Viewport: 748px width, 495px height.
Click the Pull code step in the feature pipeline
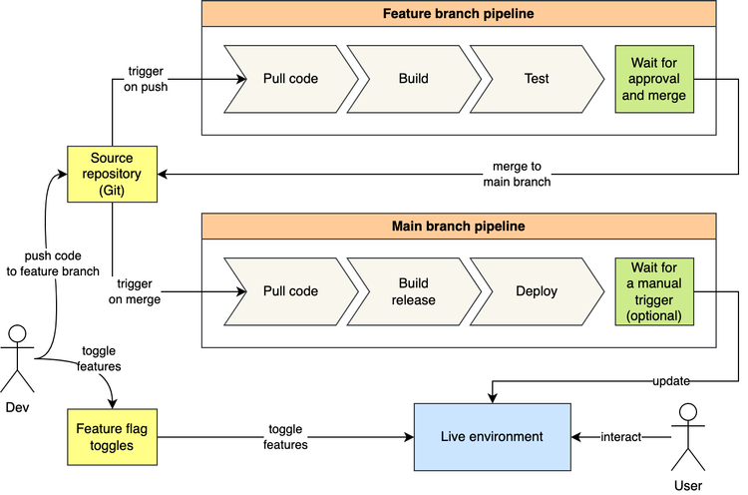pyautogui.click(x=290, y=78)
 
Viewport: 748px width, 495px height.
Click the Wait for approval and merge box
pyautogui.click(x=652, y=78)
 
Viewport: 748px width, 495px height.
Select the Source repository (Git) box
pyautogui.click(x=112, y=174)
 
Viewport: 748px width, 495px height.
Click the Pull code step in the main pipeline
pyautogui.click(x=290, y=290)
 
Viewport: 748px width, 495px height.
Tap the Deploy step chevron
pyautogui.click(x=536, y=290)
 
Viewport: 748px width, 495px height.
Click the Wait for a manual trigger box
pyautogui.click(x=652, y=290)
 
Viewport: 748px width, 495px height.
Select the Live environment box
pyautogui.click(x=492, y=437)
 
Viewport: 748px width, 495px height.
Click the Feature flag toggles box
pyautogui.click(x=112, y=437)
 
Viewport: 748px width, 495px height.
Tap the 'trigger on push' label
pyautogui.click(x=148, y=79)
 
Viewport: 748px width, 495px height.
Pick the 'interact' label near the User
pyautogui.click(x=620, y=437)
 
